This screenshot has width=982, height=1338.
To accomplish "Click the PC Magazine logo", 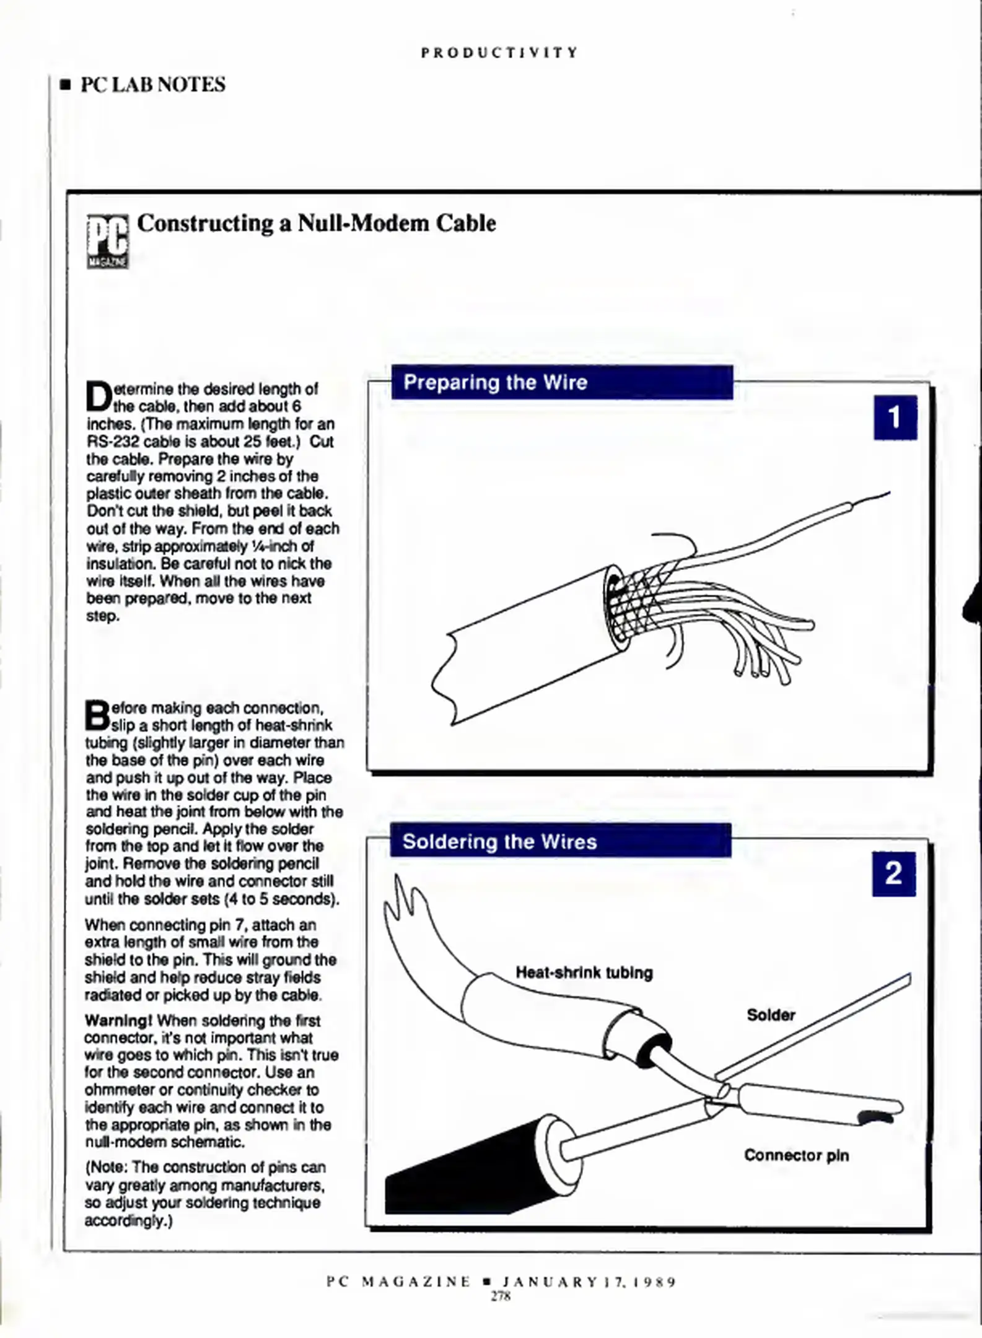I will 108,241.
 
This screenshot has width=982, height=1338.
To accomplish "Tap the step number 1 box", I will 895,418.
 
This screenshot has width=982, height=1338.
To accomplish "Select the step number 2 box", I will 893,873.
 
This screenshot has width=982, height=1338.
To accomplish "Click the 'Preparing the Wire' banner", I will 561,382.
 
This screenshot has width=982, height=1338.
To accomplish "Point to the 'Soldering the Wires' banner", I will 560,841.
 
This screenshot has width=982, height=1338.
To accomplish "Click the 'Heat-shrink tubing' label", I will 584,973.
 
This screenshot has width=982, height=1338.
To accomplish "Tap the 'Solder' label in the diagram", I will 771,1015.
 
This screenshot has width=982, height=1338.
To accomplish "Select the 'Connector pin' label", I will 796,1155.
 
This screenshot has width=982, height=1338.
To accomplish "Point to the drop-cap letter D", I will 99,397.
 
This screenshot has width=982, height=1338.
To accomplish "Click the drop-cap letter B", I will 97,715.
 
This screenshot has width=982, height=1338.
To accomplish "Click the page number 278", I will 500,1296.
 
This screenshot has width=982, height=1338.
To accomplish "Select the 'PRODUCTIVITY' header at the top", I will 499,53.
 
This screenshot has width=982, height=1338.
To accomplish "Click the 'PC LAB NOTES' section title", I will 153,84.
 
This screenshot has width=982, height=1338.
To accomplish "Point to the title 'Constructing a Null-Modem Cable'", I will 316,223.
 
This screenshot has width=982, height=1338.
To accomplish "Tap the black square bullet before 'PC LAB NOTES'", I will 65,85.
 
